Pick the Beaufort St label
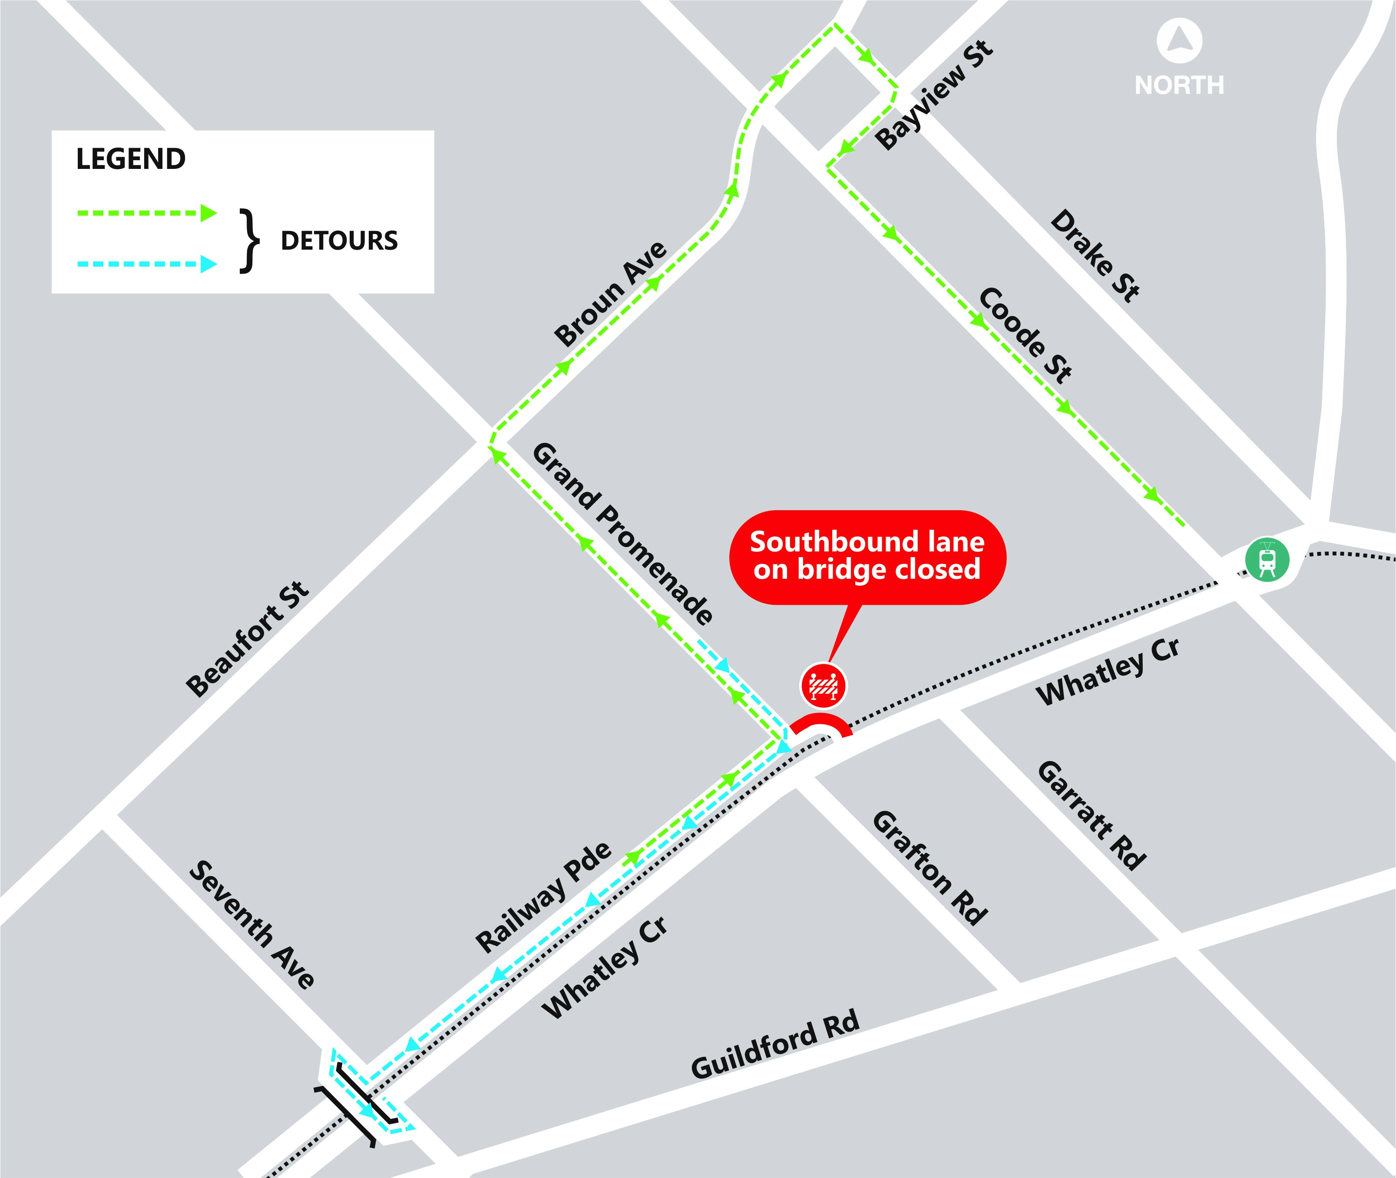click(x=247, y=638)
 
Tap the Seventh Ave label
click(x=252, y=925)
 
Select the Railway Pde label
click(x=543, y=897)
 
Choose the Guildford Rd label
click(x=775, y=1046)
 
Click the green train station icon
click(x=1267, y=559)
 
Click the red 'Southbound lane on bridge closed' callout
click(x=867, y=556)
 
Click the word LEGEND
click(x=131, y=159)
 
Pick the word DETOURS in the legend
click(x=339, y=241)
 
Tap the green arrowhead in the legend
click(x=209, y=213)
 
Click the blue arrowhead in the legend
click(x=209, y=264)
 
